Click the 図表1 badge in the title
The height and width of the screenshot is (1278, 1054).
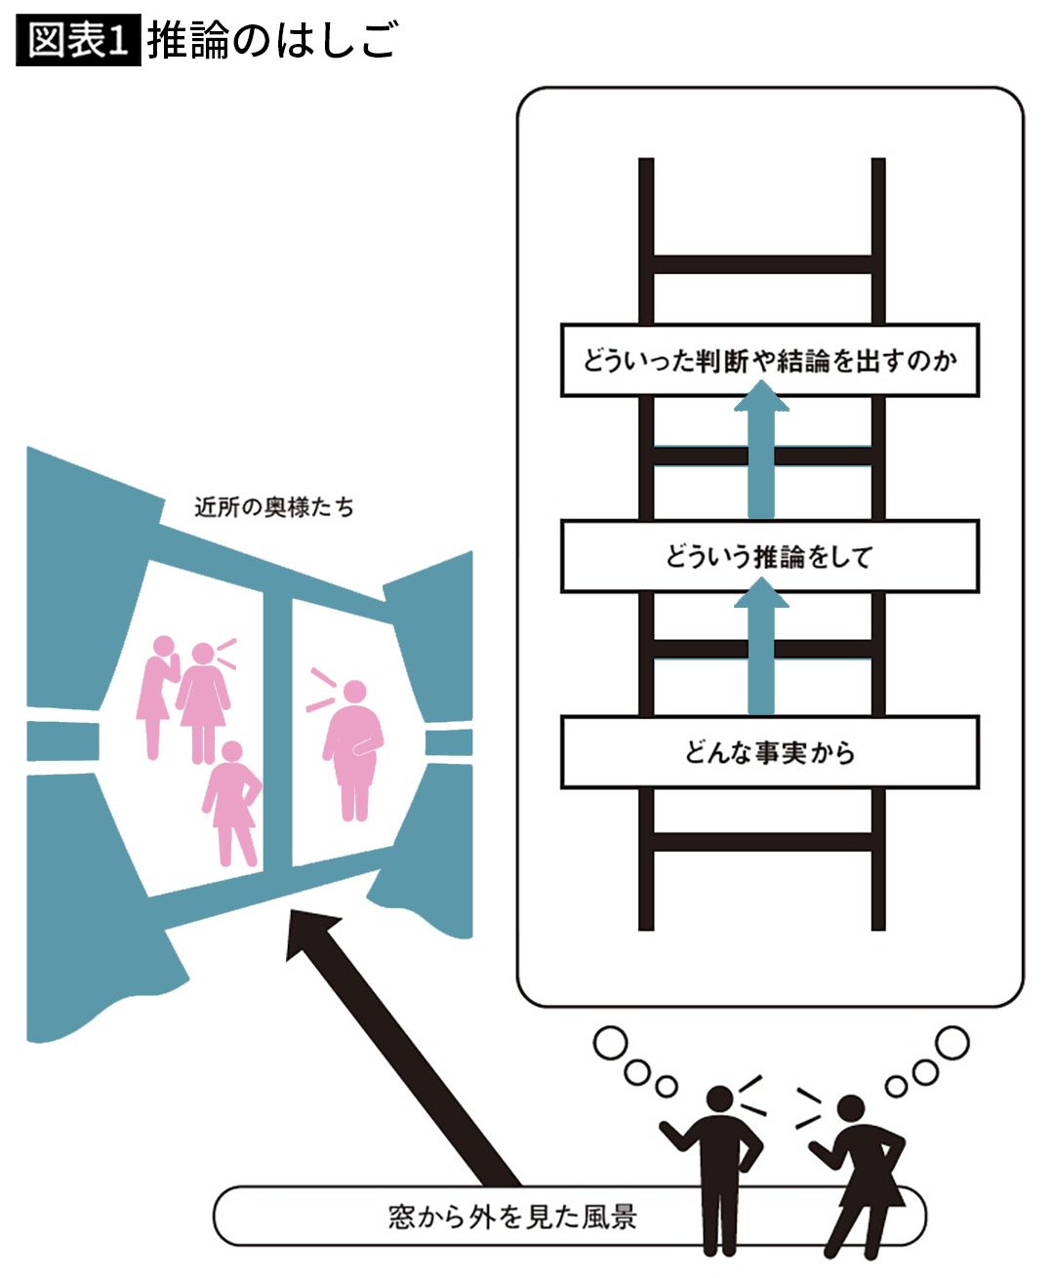(x=78, y=40)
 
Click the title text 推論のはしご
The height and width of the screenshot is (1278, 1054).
(x=272, y=40)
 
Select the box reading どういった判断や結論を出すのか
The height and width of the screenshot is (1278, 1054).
(x=769, y=361)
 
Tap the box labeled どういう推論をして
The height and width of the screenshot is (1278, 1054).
(x=769, y=557)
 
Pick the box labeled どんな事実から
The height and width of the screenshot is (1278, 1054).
(x=769, y=752)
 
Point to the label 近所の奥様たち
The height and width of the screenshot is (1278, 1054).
(x=273, y=507)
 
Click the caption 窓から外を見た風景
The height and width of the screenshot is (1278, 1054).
(x=512, y=1217)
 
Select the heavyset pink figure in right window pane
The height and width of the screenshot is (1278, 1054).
(x=353, y=746)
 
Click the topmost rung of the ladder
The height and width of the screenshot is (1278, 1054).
(x=761, y=264)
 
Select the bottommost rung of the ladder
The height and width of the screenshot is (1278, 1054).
(x=761, y=842)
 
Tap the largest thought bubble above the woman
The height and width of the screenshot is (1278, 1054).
(x=953, y=1042)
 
